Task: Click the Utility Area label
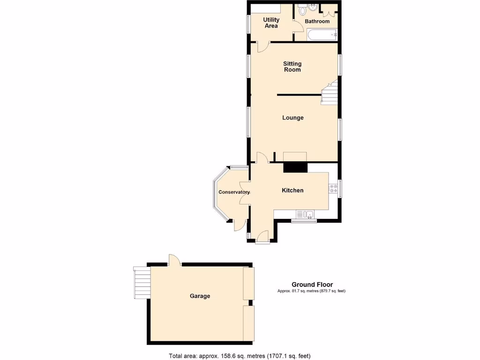[x=271, y=22]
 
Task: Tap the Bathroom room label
[x=317, y=22]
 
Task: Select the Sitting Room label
[x=292, y=67]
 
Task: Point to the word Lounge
[x=292, y=118]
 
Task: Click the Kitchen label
[x=292, y=190]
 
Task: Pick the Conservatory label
[x=234, y=192]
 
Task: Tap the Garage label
[x=200, y=296]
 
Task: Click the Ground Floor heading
[x=312, y=285]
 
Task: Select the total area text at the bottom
[x=240, y=356]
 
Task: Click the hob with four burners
[x=334, y=188]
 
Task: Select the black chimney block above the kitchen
[x=295, y=167]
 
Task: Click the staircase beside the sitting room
[x=330, y=92]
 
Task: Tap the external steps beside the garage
[x=141, y=282]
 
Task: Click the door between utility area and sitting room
[x=263, y=46]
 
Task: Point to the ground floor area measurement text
[x=312, y=291]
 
